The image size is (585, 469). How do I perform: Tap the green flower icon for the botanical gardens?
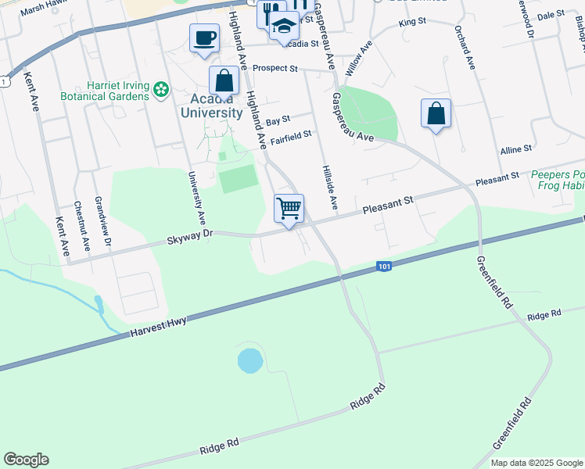click(x=161, y=91)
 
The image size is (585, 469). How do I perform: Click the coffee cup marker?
click(x=205, y=38)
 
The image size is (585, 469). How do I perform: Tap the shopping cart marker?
click(x=289, y=209)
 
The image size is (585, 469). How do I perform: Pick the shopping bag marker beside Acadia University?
click(x=224, y=81)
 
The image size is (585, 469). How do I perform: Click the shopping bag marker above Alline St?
click(x=436, y=114)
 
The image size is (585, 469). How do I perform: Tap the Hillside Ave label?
click(x=328, y=188)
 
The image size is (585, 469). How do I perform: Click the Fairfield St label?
click(x=291, y=138)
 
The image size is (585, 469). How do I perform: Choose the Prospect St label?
click(x=275, y=69)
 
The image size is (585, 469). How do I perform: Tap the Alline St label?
click(x=516, y=148)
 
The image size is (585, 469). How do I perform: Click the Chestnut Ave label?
click(x=81, y=226)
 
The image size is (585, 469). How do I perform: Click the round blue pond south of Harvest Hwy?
click(x=250, y=360)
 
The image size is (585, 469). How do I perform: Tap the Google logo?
click(x=26, y=460)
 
